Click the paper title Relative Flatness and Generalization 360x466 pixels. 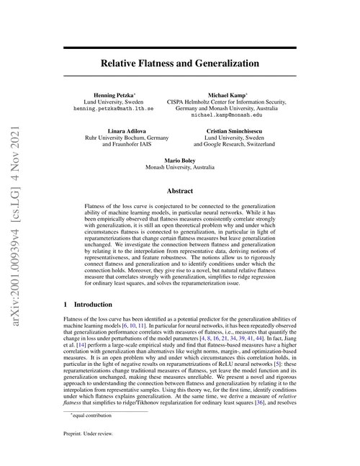[179, 63]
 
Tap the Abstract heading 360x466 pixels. [179, 192]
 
